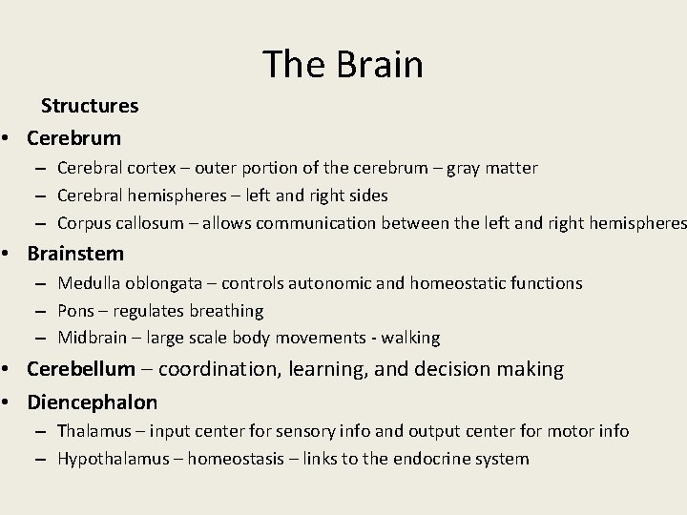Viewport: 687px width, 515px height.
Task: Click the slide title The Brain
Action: [343, 64]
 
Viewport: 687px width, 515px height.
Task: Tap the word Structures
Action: [90, 105]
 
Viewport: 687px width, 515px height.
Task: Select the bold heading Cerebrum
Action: [74, 137]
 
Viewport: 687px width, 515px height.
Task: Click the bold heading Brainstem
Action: [75, 253]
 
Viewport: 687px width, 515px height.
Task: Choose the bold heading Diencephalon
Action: [93, 402]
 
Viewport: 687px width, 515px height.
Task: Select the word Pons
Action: [75, 311]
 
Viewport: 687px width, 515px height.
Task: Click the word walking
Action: [407, 338]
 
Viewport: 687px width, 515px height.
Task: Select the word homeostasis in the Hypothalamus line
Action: [239, 459]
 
